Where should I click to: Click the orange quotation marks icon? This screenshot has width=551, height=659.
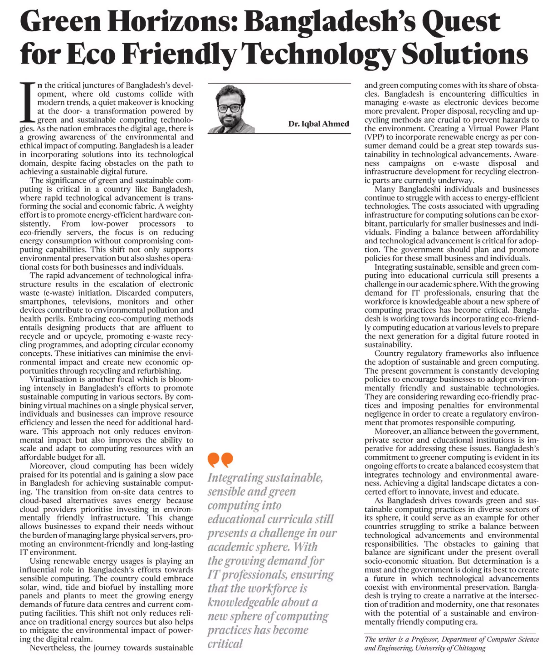(x=220, y=460)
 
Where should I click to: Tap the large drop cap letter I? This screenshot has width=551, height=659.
(x=28, y=102)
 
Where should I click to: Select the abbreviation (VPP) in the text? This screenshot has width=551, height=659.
(x=375, y=137)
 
